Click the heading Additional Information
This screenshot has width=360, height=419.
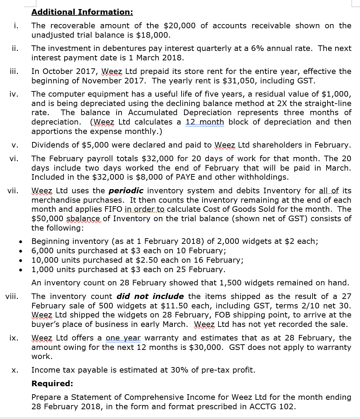pyautogui.click(x=82, y=12)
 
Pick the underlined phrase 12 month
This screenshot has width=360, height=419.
pyautogui.click(x=205, y=122)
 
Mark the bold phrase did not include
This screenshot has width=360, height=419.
pyautogui.click(x=150, y=297)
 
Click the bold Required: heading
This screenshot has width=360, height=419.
pyautogui.click(x=52, y=384)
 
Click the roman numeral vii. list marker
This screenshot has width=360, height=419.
pyautogui.click(x=13, y=191)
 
